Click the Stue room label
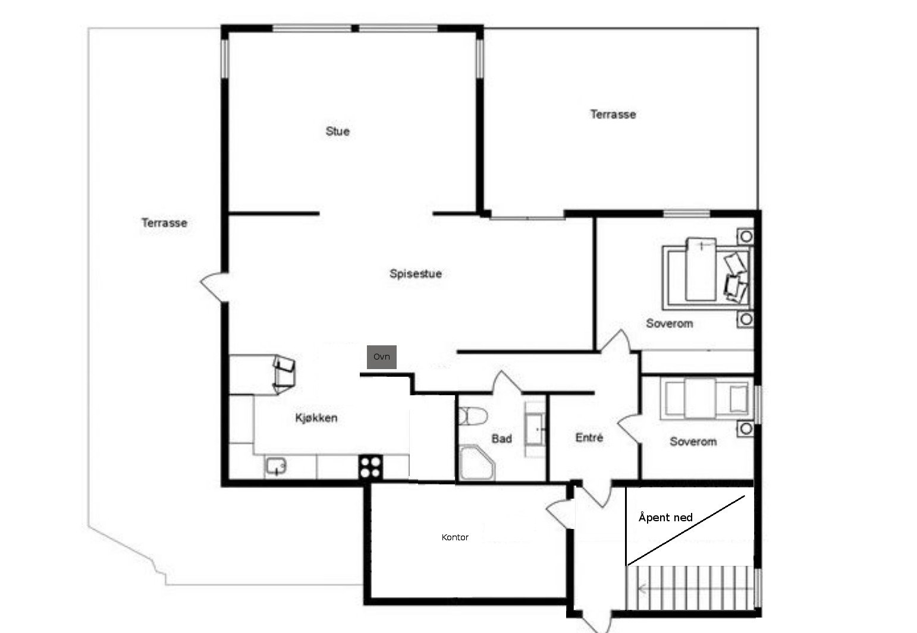(338, 131)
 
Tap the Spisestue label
(416, 274)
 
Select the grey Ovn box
(382, 357)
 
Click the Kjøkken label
(316, 418)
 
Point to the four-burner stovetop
(370, 467)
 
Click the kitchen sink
(276, 466)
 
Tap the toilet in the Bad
(473, 416)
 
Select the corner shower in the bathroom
(477, 463)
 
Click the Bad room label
(501, 439)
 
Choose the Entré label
(589, 437)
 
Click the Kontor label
(455, 537)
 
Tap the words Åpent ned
(665, 517)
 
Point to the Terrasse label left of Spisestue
(165, 223)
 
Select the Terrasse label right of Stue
(613, 114)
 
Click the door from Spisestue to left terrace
(214, 287)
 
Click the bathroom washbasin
(535, 429)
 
